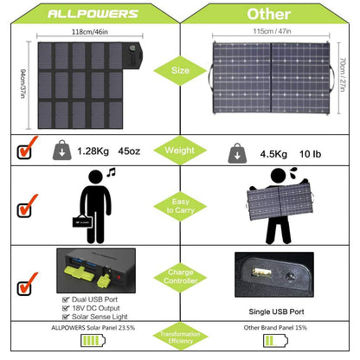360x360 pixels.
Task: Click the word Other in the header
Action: tap(268, 15)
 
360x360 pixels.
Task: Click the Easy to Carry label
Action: tap(179, 208)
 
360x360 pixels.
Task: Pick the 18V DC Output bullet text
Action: tap(94, 307)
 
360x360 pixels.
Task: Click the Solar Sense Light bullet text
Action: tap(98, 316)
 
